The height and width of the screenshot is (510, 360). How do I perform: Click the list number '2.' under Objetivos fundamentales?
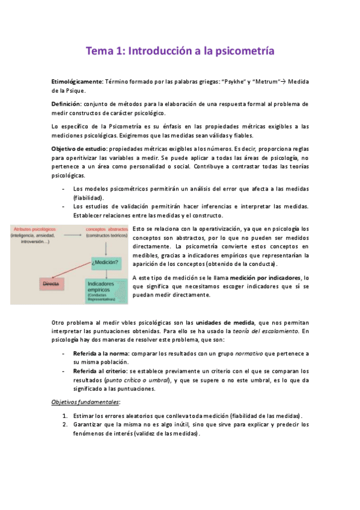coord(65,425)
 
